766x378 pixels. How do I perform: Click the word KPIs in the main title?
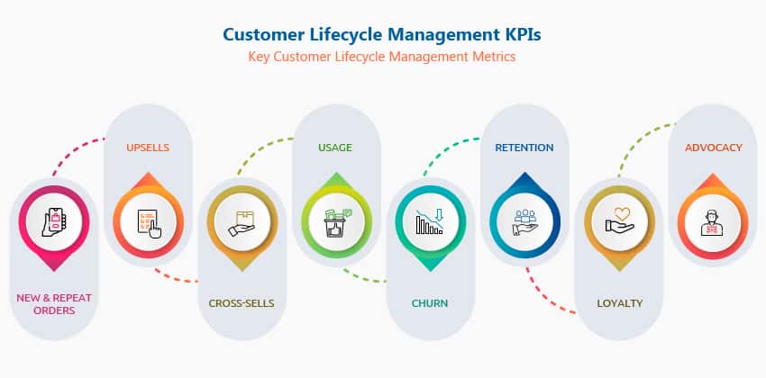[x=524, y=35]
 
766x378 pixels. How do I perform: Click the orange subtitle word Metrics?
[x=493, y=57]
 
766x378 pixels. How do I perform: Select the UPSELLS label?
[x=148, y=147]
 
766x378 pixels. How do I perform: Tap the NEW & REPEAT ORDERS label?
[x=53, y=304]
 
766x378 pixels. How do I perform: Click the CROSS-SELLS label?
[x=242, y=303]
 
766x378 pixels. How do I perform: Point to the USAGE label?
[x=335, y=147]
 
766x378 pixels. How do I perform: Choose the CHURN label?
[x=430, y=303]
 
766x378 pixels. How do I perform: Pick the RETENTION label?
[x=524, y=147]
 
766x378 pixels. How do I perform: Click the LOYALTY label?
[x=620, y=303]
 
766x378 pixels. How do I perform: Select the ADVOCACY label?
[x=714, y=147]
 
